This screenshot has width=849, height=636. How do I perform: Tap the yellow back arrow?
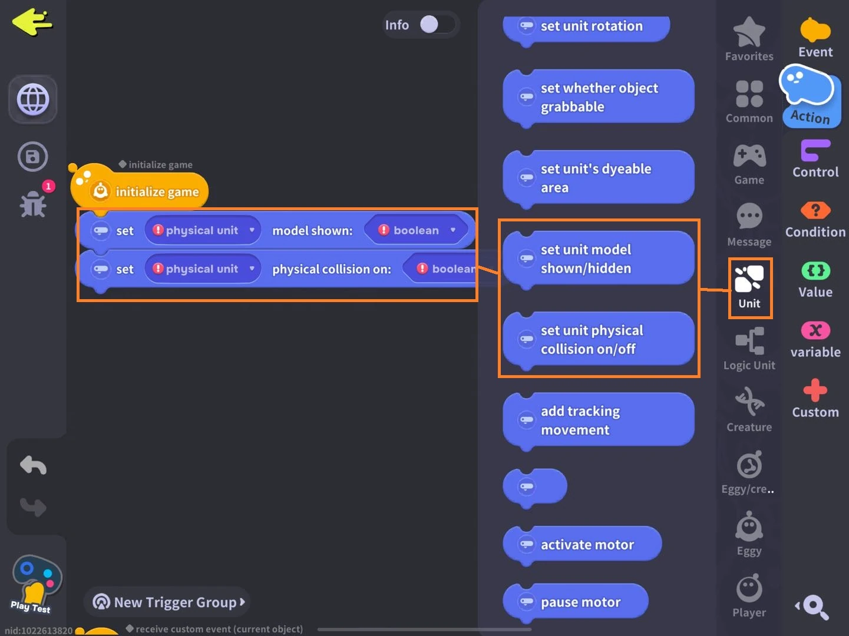(32, 22)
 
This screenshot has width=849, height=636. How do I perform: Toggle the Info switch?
(437, 25)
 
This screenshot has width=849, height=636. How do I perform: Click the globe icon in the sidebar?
(33, 100)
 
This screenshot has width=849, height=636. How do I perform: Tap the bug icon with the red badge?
(34, 203)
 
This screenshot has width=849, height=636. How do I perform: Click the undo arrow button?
(33, 465)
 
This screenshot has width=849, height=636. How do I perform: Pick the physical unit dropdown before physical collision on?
(203, 269)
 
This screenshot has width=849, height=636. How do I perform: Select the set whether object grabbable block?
(598, 97)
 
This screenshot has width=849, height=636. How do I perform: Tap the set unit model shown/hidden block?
(598, 259)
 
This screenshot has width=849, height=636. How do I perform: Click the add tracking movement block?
(598, 420)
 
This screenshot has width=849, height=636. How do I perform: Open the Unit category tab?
(749, 287)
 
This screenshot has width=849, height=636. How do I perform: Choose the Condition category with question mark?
(815, 220)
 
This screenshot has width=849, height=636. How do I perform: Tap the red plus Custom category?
(815, 398)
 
